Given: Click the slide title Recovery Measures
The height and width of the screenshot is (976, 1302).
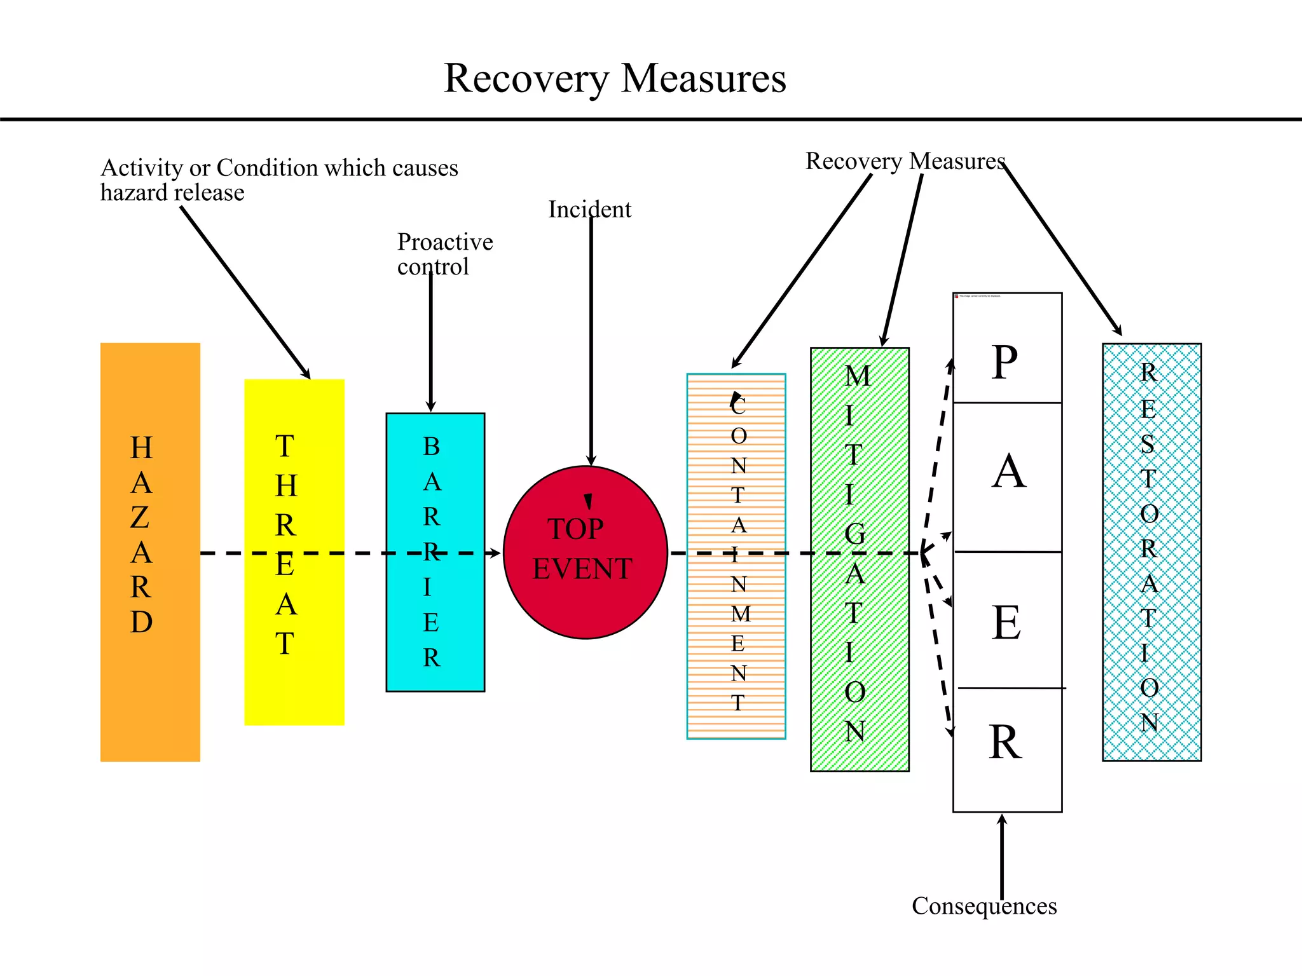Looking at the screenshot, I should (x=614, y=78).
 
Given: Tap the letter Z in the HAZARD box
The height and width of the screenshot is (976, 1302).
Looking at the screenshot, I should (x=140, y=518).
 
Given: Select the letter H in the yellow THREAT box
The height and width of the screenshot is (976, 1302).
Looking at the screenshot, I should (x=286, y=486).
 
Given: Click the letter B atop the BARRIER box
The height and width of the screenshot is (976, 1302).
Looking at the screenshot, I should (x=432, y=447).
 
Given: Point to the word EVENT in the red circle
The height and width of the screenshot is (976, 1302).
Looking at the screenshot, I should (x=582, y=569).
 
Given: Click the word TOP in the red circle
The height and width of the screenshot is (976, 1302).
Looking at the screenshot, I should (x=575, y=529).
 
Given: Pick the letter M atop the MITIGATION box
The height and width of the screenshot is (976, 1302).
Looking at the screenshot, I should (x=858, y=376).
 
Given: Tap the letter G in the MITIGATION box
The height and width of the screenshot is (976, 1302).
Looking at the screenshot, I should (x=855, y=534).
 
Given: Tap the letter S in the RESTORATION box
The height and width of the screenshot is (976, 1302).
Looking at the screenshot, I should (x=1148, y=444).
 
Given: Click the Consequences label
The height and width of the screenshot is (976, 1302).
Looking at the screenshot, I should (x=983, y=906).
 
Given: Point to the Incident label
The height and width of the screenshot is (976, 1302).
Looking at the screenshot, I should (x=589, y=210).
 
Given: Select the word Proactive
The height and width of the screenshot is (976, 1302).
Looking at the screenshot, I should (x=445, y=242).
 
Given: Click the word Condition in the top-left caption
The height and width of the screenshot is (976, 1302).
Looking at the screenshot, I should (x=267, y=168).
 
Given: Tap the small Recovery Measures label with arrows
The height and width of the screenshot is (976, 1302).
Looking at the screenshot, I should (x=905, y=161).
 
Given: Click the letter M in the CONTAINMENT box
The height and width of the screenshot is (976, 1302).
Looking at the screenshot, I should (x=741, y=614).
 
